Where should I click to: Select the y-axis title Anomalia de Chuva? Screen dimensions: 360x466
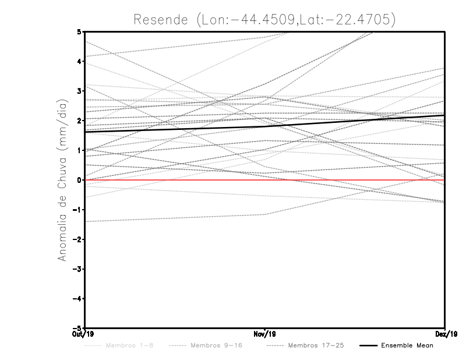pyautogui.click(x=62, y=179)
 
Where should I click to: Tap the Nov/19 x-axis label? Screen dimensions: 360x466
pyautogui.click(x=265, y=334)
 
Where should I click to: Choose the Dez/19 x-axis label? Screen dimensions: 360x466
pyautogui.click(x=445, y=334)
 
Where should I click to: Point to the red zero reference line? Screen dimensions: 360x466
pyautogui.click(x=349, y=180)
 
